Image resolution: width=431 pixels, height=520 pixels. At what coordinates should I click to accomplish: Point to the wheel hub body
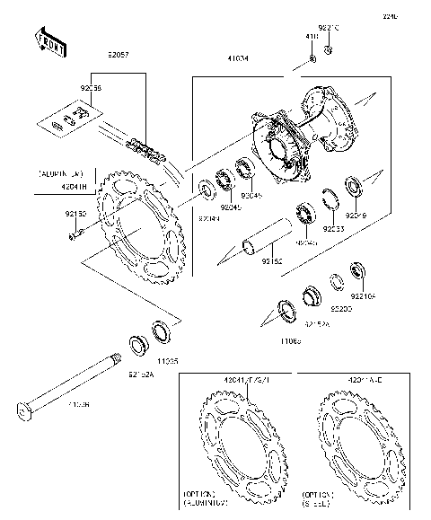pos(296,135)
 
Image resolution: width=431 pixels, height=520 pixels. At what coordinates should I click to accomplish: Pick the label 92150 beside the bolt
pos(75,216)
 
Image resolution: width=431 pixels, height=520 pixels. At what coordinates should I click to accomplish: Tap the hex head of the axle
pos(28,413)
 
